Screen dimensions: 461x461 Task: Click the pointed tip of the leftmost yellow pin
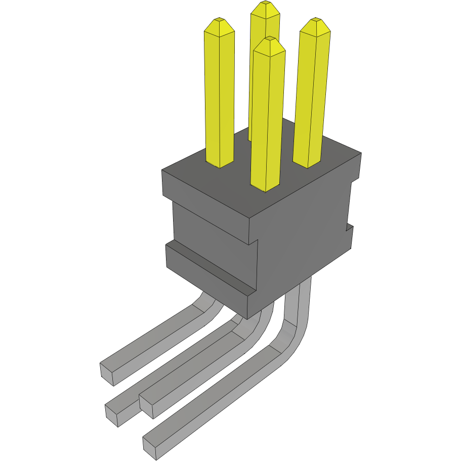click(219, 21)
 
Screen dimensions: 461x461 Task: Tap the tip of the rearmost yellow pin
click(264, 5)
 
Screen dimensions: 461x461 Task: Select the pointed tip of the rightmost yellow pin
click(316, 21)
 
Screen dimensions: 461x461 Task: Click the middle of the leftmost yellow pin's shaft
click(219, 96)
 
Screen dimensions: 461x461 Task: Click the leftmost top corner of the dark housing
click(162, 171)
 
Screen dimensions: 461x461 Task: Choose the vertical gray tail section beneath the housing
click(298, 304)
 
